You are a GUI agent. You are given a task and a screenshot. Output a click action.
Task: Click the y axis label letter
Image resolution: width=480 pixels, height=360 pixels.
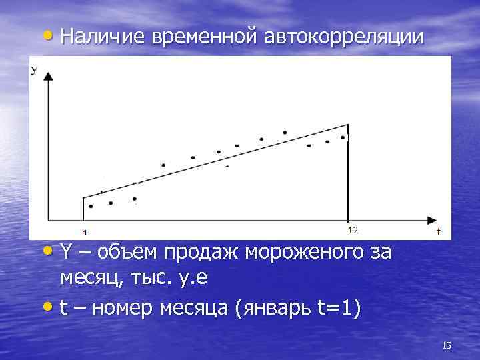coord(33,69)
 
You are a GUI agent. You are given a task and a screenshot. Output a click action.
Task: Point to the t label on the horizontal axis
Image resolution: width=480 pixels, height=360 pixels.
coord(438,231)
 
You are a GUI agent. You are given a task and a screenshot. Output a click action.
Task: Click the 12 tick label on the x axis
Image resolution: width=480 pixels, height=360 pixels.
coord(353,230)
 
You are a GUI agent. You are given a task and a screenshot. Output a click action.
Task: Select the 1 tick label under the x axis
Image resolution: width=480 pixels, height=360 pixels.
coord(85,233)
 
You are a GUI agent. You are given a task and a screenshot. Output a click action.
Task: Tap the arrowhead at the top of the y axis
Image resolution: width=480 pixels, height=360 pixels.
coord(47,77)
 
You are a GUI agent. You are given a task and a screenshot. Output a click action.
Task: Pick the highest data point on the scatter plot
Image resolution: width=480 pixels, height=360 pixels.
coord(285,133)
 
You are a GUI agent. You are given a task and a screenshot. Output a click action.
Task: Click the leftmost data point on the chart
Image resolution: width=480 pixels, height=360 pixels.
coord(91,207)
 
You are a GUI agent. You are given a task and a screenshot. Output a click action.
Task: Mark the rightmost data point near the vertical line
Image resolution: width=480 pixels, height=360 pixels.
coord(343,137)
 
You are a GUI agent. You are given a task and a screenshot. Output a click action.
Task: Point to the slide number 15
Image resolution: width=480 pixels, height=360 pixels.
coord(447,345)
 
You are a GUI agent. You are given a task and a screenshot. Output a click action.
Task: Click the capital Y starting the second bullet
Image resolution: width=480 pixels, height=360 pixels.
coord(65,254)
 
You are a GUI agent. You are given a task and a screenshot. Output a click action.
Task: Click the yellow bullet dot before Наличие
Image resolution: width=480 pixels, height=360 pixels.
coord(52,37)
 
